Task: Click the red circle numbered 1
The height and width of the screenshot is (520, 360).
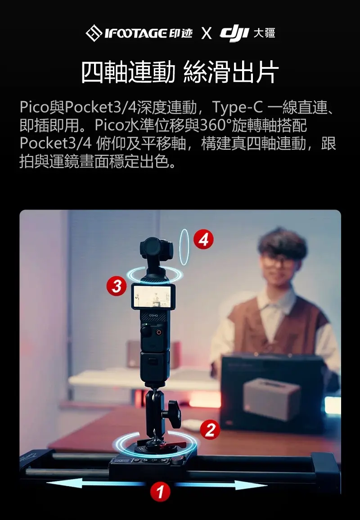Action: point(160,492)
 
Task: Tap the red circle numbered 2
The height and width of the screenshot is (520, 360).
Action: point(210,430)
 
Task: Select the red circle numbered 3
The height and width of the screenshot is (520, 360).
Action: point(117,286)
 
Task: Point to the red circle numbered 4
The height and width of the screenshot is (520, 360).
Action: point(203,239)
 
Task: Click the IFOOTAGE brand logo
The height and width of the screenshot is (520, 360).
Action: point(139,33)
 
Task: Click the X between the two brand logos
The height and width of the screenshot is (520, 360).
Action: point(207,33)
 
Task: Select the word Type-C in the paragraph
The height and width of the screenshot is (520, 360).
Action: point(238,107)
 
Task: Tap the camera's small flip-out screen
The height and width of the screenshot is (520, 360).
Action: point(153,296)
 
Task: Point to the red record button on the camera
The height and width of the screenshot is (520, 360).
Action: point(159,332)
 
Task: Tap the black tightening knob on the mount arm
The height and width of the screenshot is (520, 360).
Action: point(173,411)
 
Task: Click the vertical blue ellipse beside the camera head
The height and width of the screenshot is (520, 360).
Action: point(184,247)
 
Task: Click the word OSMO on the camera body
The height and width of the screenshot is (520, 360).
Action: point(153,314)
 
